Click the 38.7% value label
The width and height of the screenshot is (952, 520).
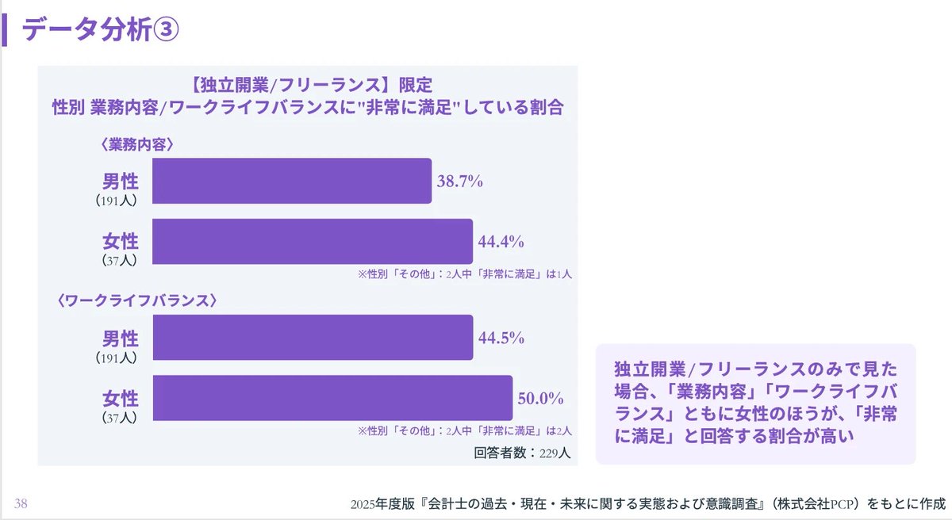tap(459, 181)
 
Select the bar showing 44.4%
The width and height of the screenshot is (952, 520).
tap(312, 241)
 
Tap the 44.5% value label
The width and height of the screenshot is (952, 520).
tap(501, 338)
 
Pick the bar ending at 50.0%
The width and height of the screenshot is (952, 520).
tap(332, 398)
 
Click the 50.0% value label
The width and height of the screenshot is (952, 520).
tap(540, 398)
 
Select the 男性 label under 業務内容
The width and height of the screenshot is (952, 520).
tap(120, 182)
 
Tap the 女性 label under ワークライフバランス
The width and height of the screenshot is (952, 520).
tap(120, 399)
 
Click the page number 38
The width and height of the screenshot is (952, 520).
tap(21, 503)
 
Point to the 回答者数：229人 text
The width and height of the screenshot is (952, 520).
tap(522, 454)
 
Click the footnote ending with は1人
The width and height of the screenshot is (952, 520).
tap(465, 274)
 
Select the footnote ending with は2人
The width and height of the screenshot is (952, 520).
tap(465, 431)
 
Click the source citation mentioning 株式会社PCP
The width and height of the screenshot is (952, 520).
tap(647, 503)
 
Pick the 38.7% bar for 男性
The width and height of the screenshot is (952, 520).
tap(291, 181)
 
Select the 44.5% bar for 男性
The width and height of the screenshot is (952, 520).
tap(313, 338)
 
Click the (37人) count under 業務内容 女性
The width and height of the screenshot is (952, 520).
tap(119, 259)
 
